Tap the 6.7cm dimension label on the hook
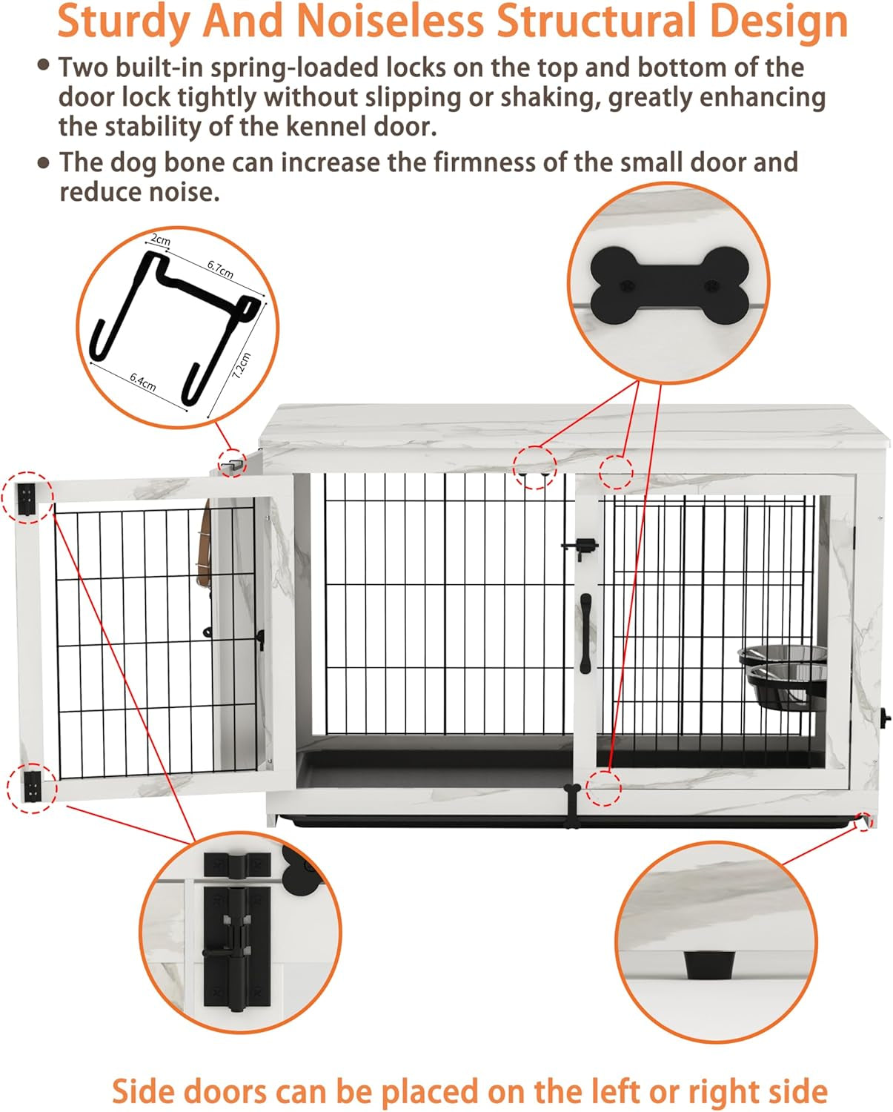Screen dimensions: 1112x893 click(x=220, y=269)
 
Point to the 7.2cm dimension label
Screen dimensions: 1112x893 click(x=242, y=365)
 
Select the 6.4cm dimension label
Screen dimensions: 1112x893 click(x=143, y=382)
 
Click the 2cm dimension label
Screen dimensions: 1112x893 click(x=161, y=240)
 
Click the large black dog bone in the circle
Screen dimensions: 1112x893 click(x=668, y=285)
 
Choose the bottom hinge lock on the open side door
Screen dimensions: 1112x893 click(x=33, y=786)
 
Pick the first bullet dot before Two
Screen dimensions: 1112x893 click(x=44, y=65)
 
